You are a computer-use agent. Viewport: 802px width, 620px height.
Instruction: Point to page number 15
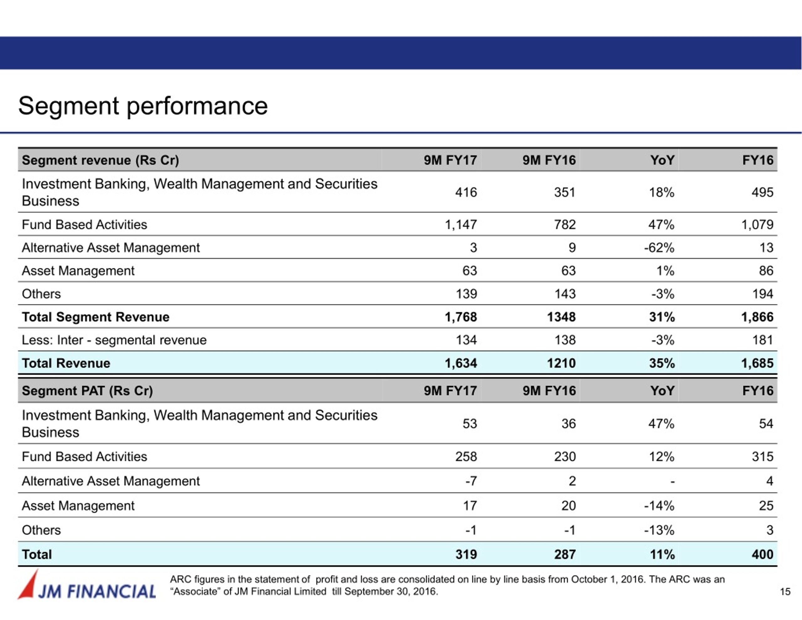(x=785, y=592)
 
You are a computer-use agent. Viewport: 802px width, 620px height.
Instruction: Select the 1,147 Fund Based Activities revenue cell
(x=461, y=224)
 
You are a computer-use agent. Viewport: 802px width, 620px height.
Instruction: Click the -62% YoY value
(x=659, y=248)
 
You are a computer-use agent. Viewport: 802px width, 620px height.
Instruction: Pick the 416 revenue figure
(x=466, y=192)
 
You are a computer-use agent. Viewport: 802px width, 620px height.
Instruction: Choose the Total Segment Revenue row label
(x=96, y=317)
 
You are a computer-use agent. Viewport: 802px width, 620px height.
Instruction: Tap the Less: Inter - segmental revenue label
(x=114, y=340)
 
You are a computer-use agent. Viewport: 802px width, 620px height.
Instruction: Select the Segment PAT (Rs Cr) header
(x=87, y=391)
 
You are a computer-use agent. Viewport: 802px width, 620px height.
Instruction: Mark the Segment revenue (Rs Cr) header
(x=100, y=160)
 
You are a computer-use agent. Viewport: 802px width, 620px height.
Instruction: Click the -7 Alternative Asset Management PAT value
(x=471, y=481)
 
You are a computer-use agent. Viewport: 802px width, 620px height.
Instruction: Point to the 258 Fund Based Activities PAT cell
(x=466, y=456)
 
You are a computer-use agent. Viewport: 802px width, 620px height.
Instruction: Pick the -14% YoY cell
(x=659, y=506)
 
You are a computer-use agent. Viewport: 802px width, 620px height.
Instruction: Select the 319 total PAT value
(x=466, y=554)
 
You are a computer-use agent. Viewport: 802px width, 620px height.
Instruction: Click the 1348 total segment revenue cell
(x=561, y=317)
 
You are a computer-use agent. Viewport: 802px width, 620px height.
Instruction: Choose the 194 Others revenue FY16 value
(x=763, y=294)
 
